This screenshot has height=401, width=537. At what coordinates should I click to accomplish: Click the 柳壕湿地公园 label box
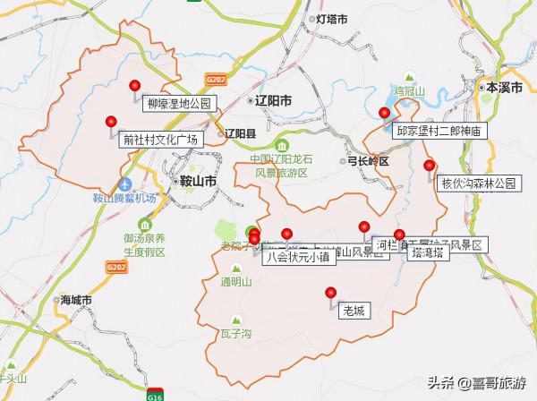pyautogui.click(x=176, y=104)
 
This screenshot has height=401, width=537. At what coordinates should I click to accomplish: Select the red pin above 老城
pyautogui.click(x=330, y=292)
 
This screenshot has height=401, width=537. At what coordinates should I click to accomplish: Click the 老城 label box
pyautogui.click(x=354, y=312)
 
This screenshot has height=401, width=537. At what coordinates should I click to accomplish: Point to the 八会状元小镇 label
pyautogui.click(x=299, y=257)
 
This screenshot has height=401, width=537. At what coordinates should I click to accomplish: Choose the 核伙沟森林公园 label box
pyautogui.click(x=479, y=183)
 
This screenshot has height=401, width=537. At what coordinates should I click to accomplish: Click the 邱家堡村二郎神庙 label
pyautogui.click(x=439, y=131)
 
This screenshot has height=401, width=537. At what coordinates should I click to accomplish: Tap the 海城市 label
pyautogui.click(x=77, y=300)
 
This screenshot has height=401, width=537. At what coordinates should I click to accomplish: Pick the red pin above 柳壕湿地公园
pyautogui.click(x=135, y=85)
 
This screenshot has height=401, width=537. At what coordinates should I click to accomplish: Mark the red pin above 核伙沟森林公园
pyautogui.click(x=430, y=165)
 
